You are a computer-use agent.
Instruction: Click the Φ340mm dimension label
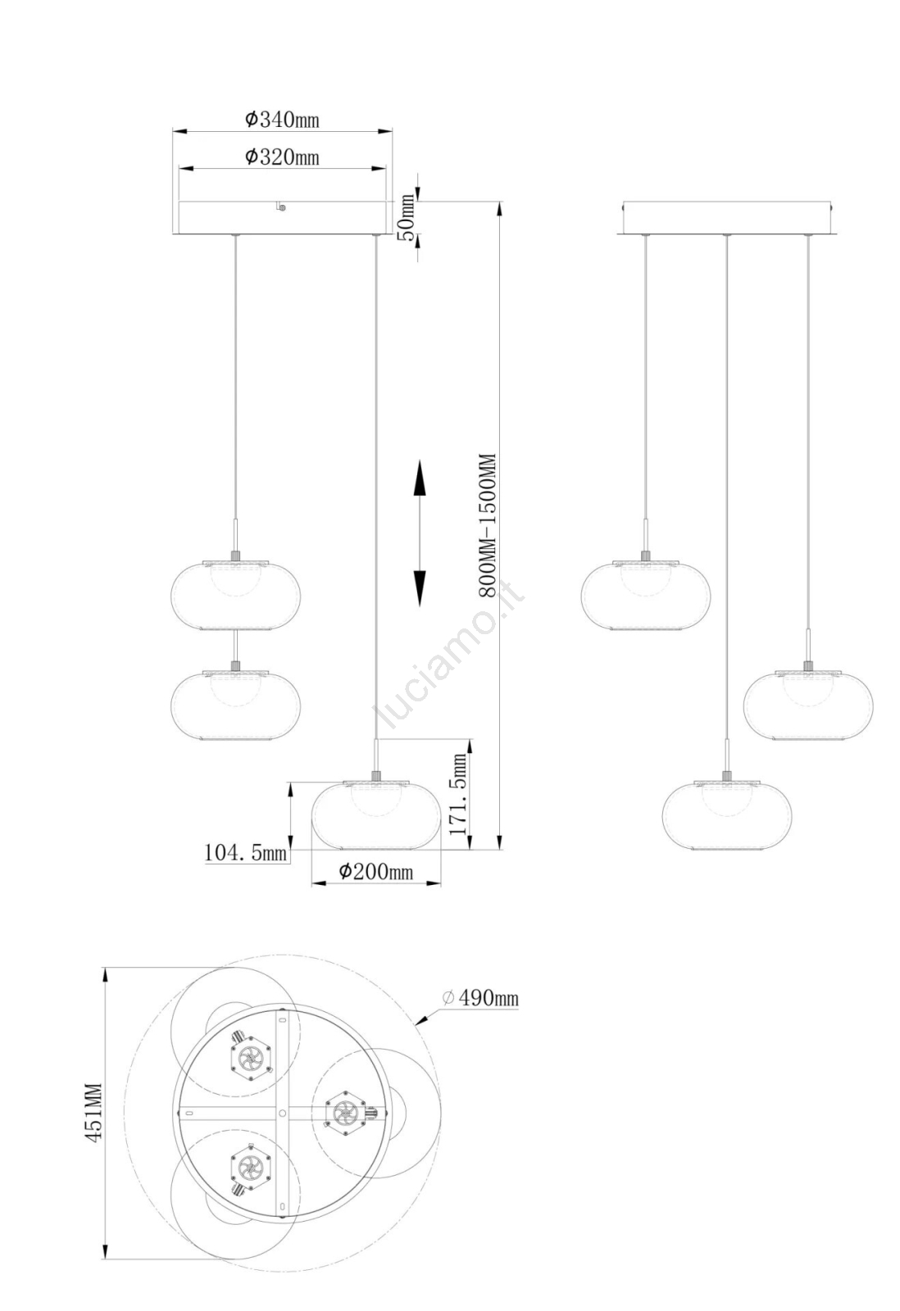tap(282, 120)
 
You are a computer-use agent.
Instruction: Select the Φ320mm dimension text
tap(282, 157)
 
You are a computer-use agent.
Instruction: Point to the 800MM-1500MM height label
tap(487, 525)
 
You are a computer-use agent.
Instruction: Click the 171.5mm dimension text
tap(458, 794)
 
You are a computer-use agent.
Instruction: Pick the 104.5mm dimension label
tap(245, 852)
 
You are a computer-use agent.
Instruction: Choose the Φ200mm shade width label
tap(375, 872)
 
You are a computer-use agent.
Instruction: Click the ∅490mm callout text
tap(480, 997)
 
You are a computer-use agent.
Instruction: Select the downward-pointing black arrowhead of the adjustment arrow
tap(419, 587)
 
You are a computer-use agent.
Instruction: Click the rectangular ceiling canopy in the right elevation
tap(727, 218)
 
